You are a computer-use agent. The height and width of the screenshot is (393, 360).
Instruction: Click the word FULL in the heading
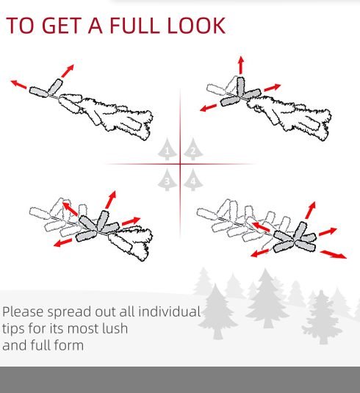coord(134,25)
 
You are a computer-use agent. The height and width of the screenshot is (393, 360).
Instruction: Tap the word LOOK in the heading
coord(196,25)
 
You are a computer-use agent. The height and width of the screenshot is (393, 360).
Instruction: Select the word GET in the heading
coord(62,25)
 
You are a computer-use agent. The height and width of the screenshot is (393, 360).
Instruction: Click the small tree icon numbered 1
coord(167,149)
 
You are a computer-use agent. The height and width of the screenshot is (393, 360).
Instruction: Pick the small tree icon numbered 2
coord(193,149)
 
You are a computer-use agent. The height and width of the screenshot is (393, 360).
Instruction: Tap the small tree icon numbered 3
coord(167,179)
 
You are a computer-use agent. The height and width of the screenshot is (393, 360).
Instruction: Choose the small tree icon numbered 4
coord(193,179)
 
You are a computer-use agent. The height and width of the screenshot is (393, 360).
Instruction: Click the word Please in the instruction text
coord(23,312)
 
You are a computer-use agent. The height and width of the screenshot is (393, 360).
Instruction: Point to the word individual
coord(169,311)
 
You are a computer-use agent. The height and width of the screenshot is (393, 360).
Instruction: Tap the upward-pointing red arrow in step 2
coord(241,65)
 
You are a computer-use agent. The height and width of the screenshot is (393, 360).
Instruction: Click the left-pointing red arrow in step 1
coord(19,84)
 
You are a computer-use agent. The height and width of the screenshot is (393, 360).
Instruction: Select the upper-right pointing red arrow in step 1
coord(68,71)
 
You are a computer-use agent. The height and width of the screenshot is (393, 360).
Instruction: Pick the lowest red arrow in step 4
coord(334,254)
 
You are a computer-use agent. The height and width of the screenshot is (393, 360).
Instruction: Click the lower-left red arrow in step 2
coord(209,108)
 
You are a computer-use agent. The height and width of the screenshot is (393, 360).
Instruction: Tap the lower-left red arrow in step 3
coord(62,242)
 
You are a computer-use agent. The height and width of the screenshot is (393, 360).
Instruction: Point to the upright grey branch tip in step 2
coord(240,86)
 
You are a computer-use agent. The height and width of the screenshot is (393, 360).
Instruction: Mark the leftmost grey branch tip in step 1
coord(39,92)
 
